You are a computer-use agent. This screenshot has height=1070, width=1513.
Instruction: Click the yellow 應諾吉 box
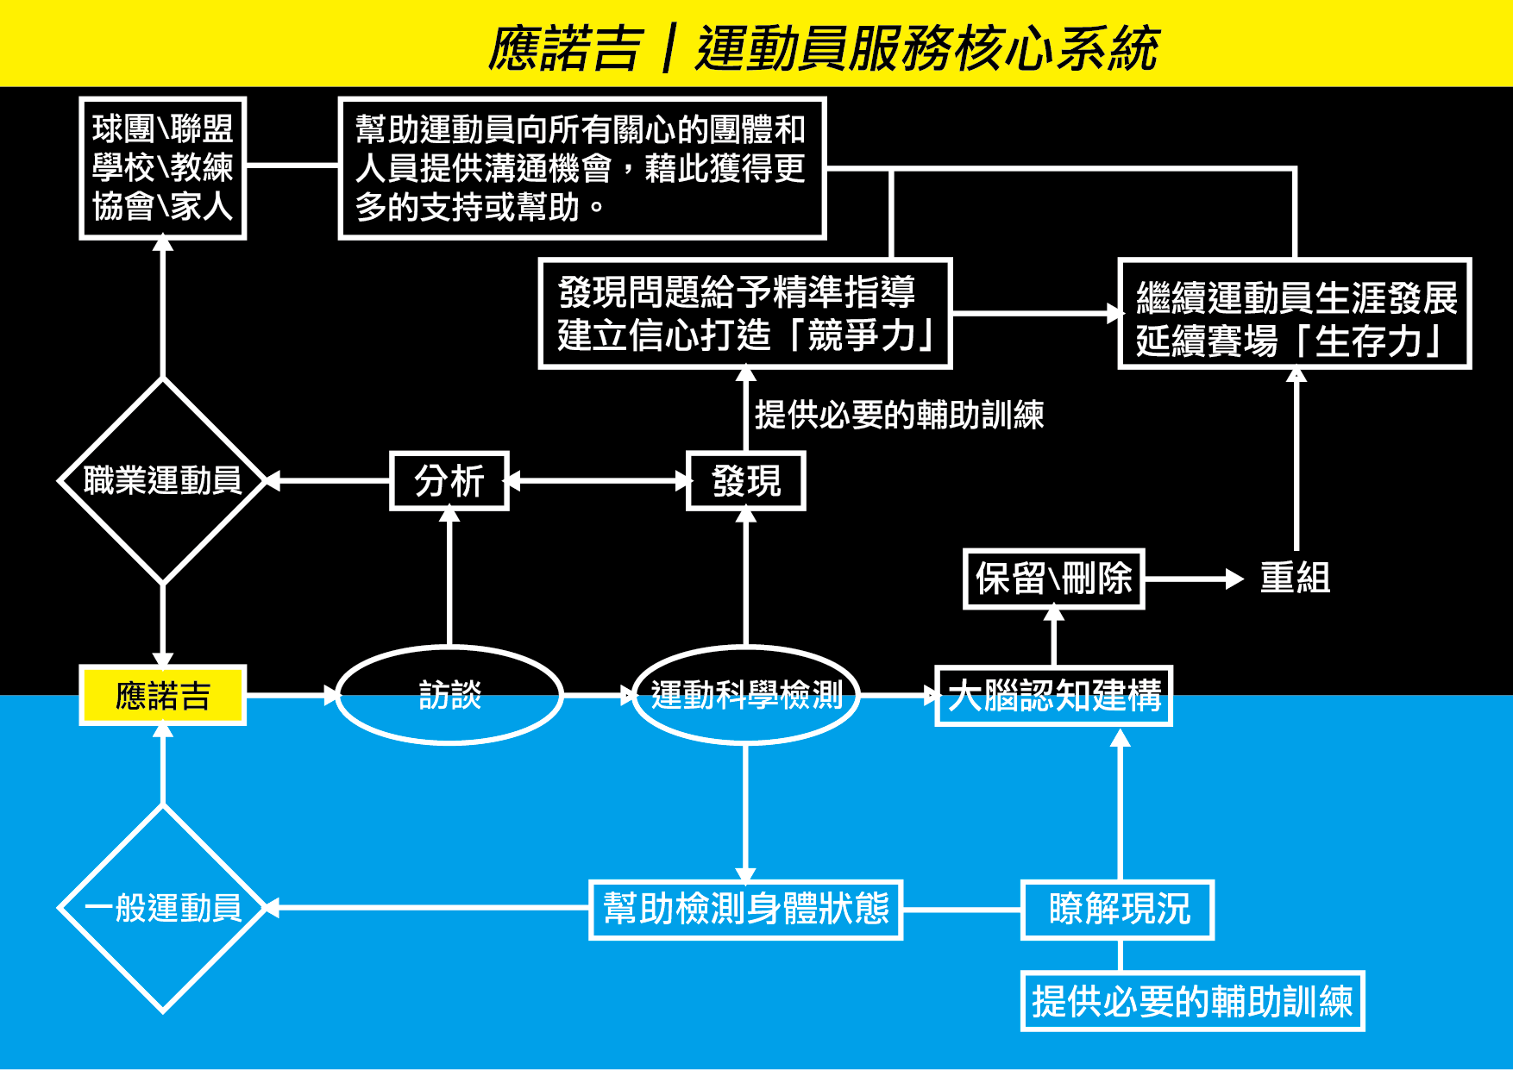pyautogui.click(x=163, y=695)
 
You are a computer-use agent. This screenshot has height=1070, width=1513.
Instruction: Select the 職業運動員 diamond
pyautogui.click(x=163, y=480)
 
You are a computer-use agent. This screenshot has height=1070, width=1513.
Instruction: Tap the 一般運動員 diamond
pyautogui.click(x=163, y=908)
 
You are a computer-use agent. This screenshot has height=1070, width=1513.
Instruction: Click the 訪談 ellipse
pyautogui.click(x=449, y=695)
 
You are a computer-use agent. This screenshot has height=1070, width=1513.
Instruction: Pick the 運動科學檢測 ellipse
pyautogui.click(x=746, y=695)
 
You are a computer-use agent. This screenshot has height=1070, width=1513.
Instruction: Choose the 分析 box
pyautogui.click(x=449, y=481)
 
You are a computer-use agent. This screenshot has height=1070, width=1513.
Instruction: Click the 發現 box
pyautogui.click(x=746, y=481)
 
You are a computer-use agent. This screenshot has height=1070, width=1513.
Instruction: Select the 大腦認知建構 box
pyautogui.click(x=1054, y=696)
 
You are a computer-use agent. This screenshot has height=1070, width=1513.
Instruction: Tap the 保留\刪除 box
pyautogui.click(x=1054, y=579)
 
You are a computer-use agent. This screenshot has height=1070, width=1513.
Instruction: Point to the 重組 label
pyautogui.click(x=1295, y=579)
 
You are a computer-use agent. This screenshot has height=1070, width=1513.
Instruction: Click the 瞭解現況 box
pyautogui.click(x=1119, y=910)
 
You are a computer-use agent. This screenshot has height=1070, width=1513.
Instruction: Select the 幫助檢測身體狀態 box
pyautogui.click(x=746, y=910)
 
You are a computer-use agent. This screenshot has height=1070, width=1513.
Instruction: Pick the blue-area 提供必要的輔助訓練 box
pyautogui.click(x=1192, y=1001)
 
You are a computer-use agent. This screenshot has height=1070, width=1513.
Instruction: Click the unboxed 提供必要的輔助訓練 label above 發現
pyautogui.click(x=900, y=416)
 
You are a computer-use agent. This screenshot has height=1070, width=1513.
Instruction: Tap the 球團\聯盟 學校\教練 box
pyautogui.click(x=163, y=168)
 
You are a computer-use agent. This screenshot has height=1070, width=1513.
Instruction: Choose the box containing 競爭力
pyautogui.click(x=745, y=314)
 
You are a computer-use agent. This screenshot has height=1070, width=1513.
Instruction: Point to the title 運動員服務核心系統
pyautogui.click(x=927, y=48)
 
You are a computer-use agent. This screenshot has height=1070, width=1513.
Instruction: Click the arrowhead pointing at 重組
pyautogui.click(x=1235, y=579)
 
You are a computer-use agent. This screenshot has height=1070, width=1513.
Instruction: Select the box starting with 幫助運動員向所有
pyautogui.click(x=582, y=168)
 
